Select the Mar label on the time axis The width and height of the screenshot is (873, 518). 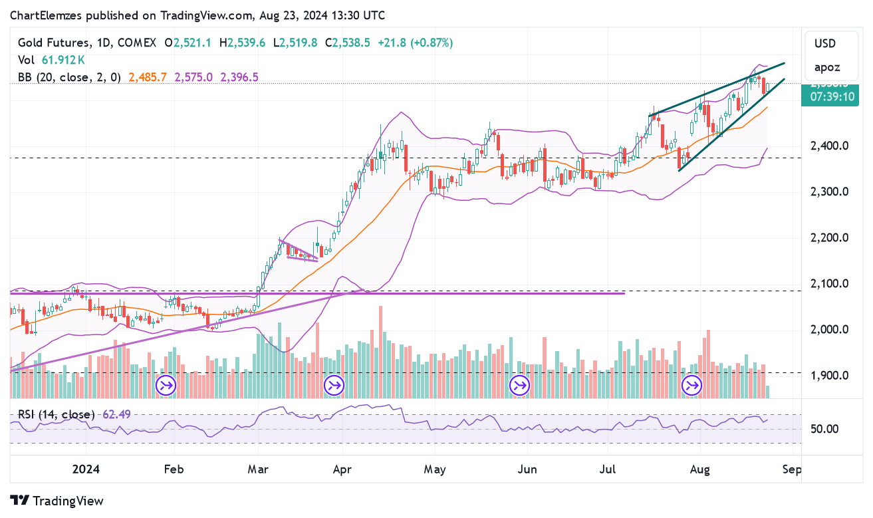[257, 469]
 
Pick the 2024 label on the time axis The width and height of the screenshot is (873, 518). [86, 469]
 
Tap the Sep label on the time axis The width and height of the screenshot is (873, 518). [792, 469]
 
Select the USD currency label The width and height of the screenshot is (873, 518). [825, 44]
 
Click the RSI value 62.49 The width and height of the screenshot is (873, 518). [116, 414]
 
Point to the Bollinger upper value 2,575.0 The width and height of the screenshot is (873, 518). [193, 77]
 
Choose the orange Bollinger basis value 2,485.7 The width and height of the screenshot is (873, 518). [148, 77]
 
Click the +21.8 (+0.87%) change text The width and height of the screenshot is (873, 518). [415, 43]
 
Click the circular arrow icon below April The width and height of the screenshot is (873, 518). [333, 385]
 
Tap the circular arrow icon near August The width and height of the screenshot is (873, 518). [693, 385]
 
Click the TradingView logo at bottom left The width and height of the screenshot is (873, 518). [58, 501]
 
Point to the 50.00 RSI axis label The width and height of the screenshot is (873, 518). [825, 429]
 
